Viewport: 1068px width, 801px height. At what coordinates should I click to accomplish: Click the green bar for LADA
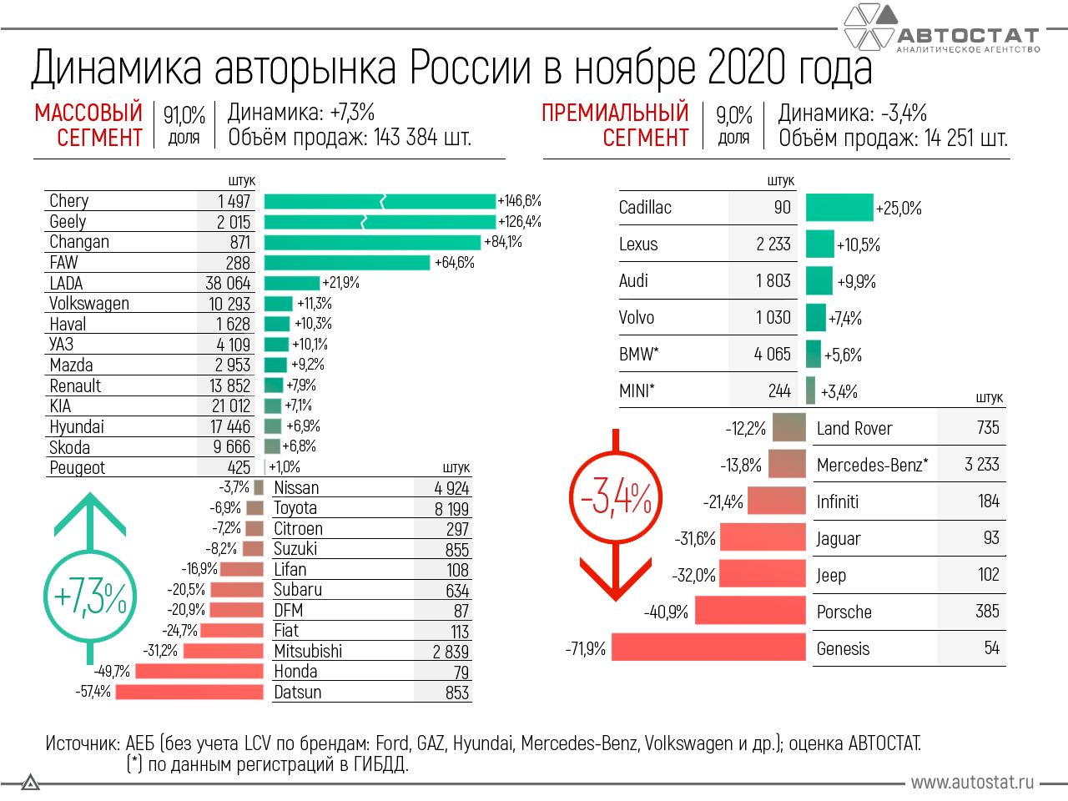point(291,283)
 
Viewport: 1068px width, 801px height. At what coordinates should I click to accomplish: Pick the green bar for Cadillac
point(839,208)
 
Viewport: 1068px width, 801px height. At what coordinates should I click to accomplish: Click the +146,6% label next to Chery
point(519,201)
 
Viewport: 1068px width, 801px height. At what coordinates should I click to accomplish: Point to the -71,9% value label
point(586,648)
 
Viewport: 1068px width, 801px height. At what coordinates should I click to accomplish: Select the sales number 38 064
point(228,283)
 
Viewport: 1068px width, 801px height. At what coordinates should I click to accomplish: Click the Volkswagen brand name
point(89,304)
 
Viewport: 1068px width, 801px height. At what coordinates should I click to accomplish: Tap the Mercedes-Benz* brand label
point(872,465)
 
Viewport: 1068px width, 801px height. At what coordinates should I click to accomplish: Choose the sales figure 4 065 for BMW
point(772,355)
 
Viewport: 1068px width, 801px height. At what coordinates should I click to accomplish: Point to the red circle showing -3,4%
point(616,498)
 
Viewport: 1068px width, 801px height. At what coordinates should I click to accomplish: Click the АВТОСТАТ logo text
point(968,36)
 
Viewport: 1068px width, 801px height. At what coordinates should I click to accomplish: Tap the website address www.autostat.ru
point(972,782)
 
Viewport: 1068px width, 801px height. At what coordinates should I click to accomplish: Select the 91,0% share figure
point(184,115)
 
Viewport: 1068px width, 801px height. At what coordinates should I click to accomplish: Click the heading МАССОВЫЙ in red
point(88,113)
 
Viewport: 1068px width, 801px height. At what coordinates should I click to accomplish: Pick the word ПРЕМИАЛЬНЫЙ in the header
point(615,113)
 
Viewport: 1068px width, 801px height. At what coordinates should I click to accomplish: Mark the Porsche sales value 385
point(987,612)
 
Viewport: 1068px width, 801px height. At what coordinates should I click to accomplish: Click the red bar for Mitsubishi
point(223,651)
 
